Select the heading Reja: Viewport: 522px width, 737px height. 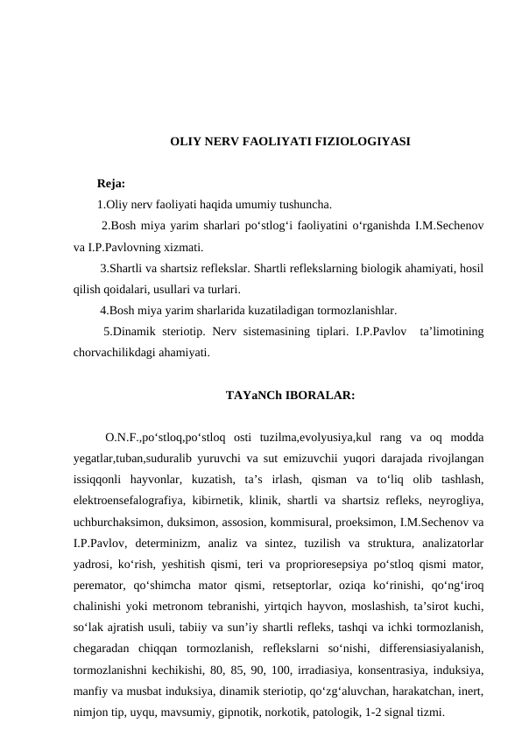pyautogui.click(x=110, y=184)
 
